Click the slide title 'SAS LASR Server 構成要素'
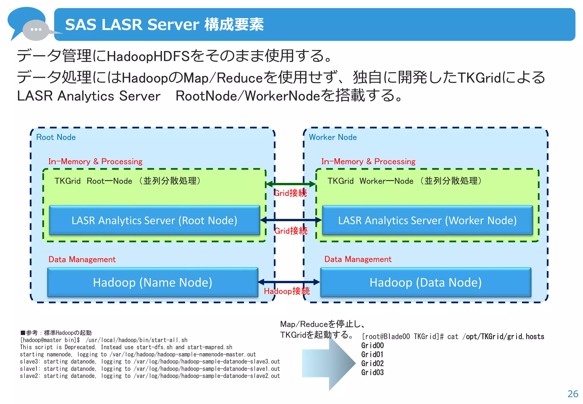tap(164, 25)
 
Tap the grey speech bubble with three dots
tap(36, 30)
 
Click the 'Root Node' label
tap(56, 137)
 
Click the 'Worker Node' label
tap(332, 137)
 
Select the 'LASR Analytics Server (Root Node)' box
tap(154, 220)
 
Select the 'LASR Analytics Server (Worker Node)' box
tap(427, 220)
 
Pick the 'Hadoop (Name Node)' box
tap(153, 282)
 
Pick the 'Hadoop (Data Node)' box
tap(425, 282)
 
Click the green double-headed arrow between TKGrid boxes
tap(291, 184)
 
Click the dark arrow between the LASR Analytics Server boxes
tap(291, 220)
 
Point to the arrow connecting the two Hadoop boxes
tap(289, 282)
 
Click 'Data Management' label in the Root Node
tap(82, 259)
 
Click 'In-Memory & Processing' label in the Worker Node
tap(368, 162)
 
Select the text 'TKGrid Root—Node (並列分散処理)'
tap(128, 181)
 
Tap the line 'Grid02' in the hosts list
tap(372, 364)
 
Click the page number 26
tap(572, 394)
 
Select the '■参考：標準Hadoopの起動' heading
tap(56, 333)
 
